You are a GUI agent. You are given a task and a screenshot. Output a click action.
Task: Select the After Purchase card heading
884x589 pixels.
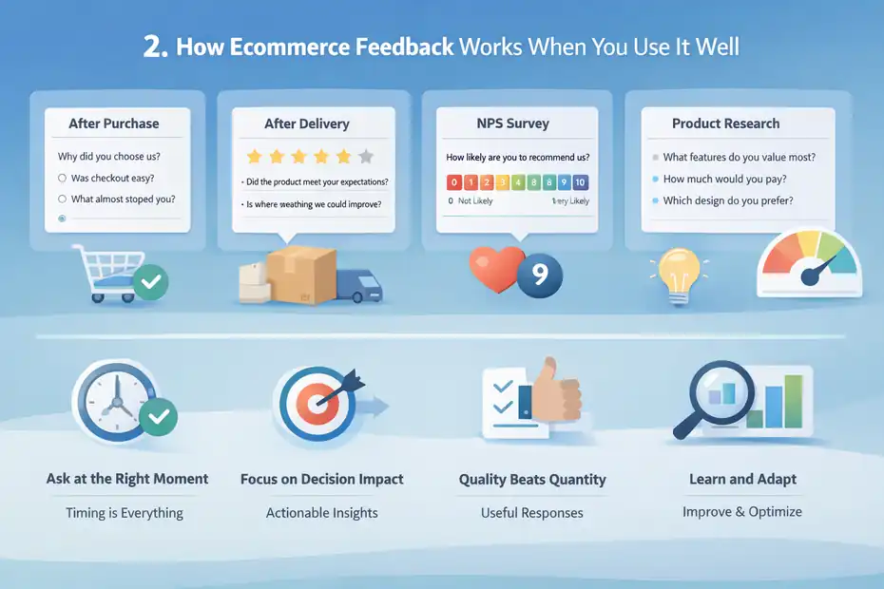[x=114, y=123]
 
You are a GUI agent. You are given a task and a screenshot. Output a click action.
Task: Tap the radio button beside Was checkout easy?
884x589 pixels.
[x=63, y=178]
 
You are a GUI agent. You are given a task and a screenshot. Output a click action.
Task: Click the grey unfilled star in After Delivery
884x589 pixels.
[x=365, y=157]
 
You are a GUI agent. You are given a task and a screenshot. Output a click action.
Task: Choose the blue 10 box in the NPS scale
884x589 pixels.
[x=581, y=182]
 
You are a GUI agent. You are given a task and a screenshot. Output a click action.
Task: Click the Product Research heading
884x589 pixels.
[x=725, y=123]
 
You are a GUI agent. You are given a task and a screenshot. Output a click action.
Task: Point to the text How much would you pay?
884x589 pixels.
[x=724, y=179]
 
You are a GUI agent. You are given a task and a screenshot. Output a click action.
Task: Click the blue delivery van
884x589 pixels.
[x=362, y=278]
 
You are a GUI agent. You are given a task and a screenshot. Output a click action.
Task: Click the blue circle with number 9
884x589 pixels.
[x=539, y=275]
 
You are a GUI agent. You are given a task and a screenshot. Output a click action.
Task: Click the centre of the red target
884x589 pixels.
[x=315, y=403]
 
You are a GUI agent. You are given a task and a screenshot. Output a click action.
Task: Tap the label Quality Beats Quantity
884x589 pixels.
[x=532, y=480]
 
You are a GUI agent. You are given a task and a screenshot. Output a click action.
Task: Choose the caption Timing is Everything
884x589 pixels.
[x=125, y=513]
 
